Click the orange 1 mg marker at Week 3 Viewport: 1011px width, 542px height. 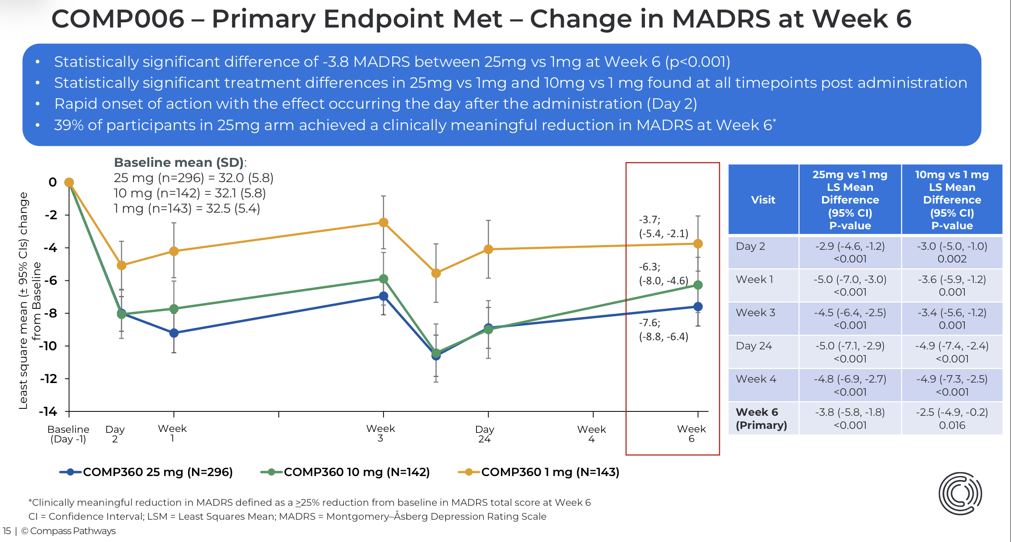(384, 223)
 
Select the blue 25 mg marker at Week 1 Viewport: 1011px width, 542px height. (174, 333)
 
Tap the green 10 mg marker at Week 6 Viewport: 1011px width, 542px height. (698, 285)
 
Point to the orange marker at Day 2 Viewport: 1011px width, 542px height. (121, 265)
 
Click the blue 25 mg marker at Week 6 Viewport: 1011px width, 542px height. (698, 307)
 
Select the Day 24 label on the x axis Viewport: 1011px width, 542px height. (484, 434)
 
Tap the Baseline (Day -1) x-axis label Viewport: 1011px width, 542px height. (68, 434)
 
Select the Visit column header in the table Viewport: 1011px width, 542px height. (763, 200)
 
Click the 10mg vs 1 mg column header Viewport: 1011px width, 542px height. (952, 200)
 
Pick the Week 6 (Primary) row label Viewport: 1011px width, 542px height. (761, 418)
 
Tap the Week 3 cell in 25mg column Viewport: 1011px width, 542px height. (850, 319)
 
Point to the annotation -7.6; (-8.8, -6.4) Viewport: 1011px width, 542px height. (663, 330)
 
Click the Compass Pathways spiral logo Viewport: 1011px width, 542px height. (960, 494)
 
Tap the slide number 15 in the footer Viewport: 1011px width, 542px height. (7, 531)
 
